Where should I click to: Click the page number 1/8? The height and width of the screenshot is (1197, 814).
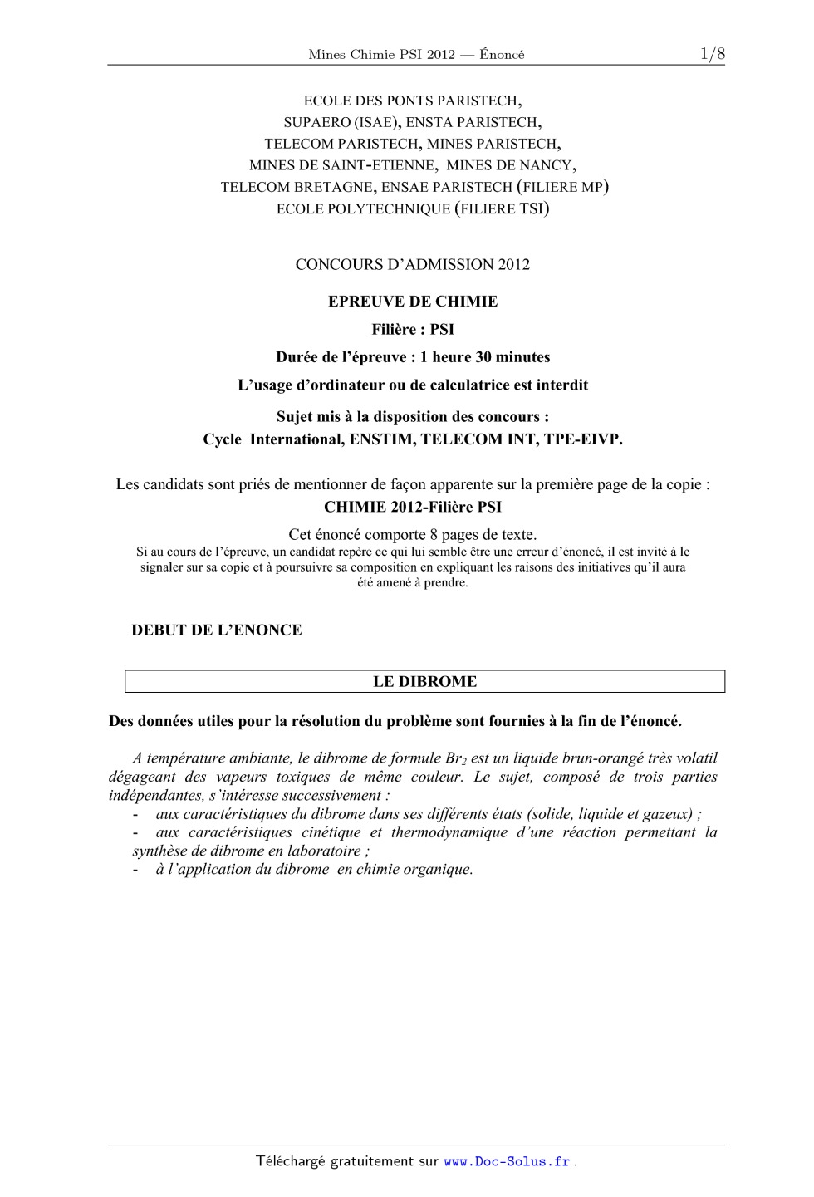(712, 55)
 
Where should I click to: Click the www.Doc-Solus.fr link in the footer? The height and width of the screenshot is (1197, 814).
(507, 1161)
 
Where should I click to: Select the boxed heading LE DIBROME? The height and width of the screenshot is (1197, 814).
(424, 682)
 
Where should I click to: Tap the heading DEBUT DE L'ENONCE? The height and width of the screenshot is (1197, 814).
(217, 630)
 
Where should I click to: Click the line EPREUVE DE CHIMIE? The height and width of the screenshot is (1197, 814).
(413, 302)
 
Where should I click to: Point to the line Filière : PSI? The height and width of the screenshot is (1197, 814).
(413, 330)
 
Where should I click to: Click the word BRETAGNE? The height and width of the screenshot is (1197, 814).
(332, 187)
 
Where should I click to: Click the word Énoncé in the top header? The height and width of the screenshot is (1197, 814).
(502, 55)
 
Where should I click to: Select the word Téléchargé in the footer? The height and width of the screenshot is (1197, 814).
(291, 1161)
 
